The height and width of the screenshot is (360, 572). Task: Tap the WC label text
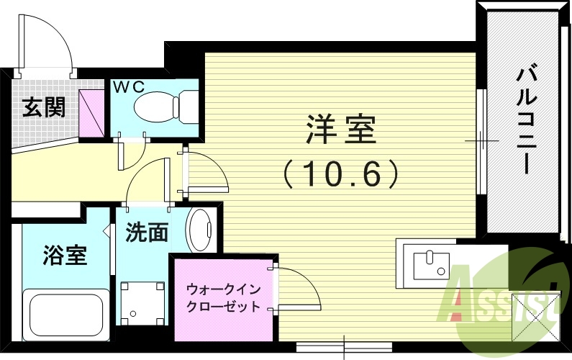[130, 86]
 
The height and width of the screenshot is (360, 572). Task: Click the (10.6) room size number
[340, 173]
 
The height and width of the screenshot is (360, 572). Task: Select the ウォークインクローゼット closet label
[223, 297]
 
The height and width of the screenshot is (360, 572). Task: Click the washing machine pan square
[140, 300]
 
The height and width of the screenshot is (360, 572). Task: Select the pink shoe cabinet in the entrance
[92, 113]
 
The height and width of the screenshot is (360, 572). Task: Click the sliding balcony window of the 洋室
[481, 140]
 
